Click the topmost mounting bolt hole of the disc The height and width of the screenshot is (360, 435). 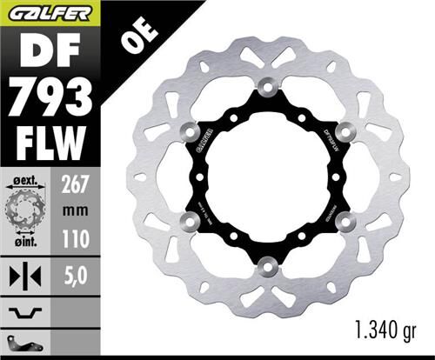coord(267,85)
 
